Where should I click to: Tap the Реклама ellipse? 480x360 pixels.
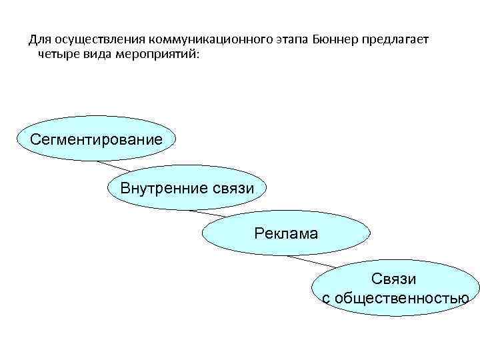285,233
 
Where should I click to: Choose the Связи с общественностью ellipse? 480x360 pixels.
395,288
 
